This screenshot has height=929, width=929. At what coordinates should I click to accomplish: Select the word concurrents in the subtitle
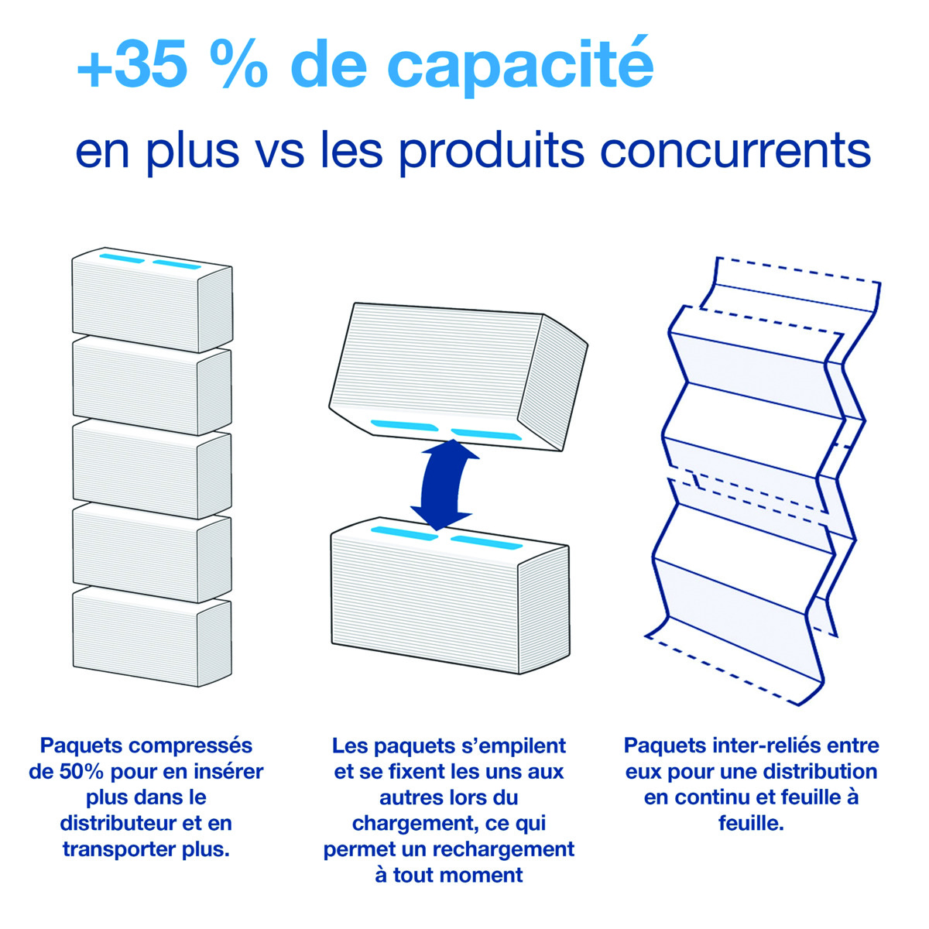click(735, 150)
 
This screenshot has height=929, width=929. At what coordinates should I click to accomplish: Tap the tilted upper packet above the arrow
click(458, 377)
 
